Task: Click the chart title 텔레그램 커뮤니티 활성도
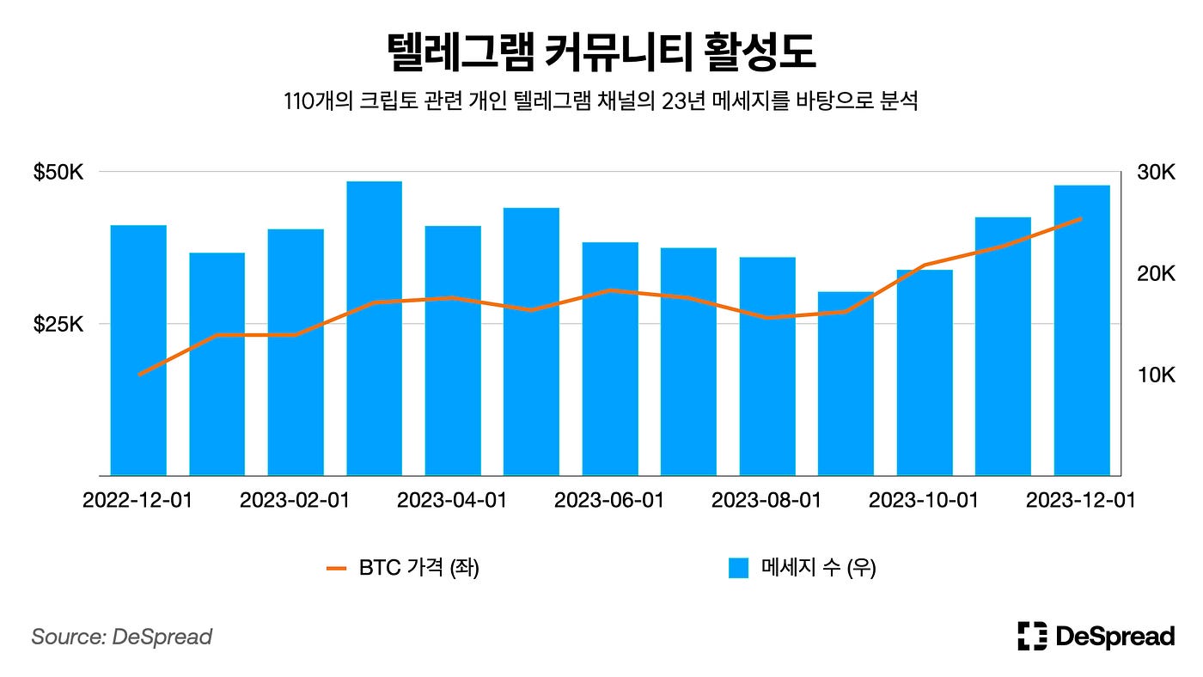click(x=601, y=52)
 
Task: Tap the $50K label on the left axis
click(x=58, y=173)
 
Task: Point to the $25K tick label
click(x=58, y=325)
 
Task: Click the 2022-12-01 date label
click(x=137, y=501)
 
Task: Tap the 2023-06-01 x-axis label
click(x=609, y=501)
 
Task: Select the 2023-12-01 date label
click(x=1080, y=501)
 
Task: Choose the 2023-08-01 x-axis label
click(x=766, y=501)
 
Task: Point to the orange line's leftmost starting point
click(x=139, y=375)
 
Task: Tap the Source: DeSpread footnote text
click(x=121, y=637)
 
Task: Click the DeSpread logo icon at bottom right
click(x=1032, y=636)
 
